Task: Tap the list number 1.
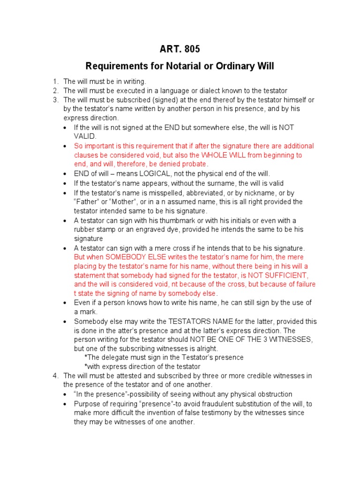[55, 82]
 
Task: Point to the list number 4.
[55, 376]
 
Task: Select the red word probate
[193, 164]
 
